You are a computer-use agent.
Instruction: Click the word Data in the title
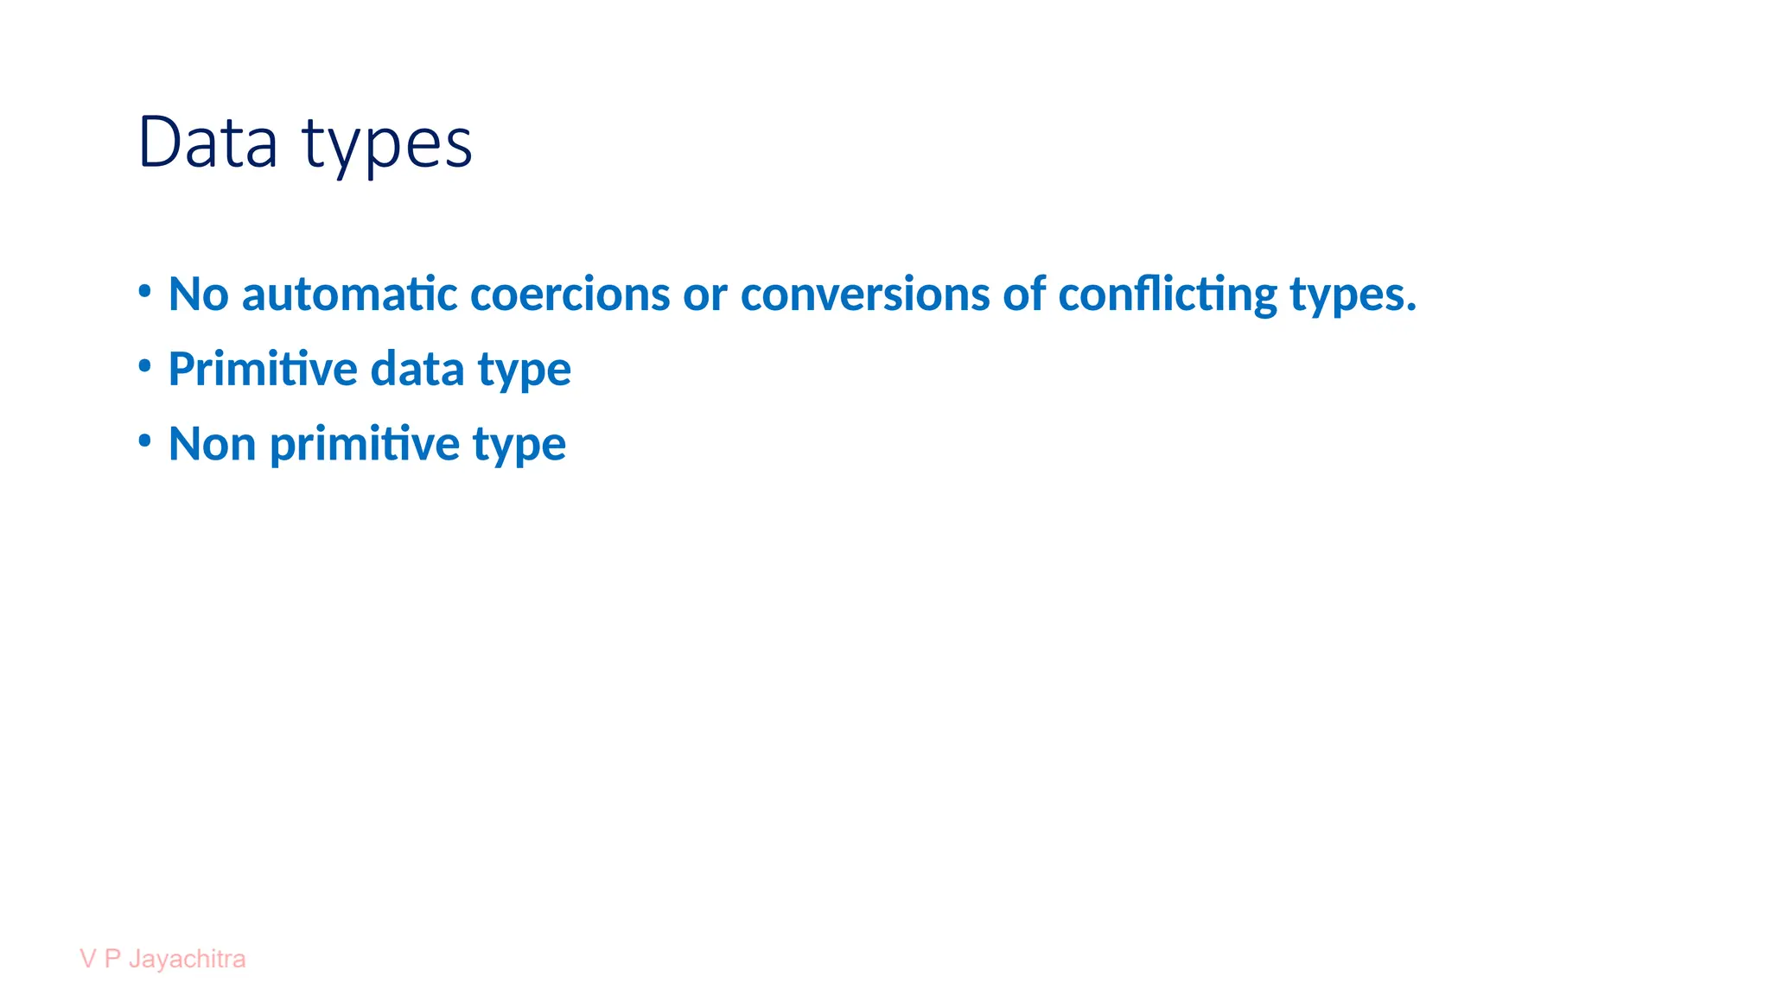tap(207, 143)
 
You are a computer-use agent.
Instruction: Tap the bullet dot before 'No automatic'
tap(145, 291)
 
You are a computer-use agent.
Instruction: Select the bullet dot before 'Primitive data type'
tap(145, 366)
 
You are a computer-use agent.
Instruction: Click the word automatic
tap(349, 294)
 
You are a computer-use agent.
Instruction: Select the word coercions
tap(570, 294)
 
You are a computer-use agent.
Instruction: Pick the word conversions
tap(864, 294)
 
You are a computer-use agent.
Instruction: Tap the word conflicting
tap(1168, 295)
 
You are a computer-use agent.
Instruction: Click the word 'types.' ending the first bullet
tap(1353, 297)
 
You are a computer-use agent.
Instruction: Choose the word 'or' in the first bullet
tap(704, 295)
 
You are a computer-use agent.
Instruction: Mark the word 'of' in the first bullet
tap(1024, 294)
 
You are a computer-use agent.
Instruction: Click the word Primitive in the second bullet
tap(263, 369)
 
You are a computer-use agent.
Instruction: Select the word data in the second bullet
tap(417, 369)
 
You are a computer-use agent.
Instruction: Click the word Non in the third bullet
tap(212, 444)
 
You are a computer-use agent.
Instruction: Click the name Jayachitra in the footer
tap(187, 960)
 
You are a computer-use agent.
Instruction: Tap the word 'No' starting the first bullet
tap(198, 294)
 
